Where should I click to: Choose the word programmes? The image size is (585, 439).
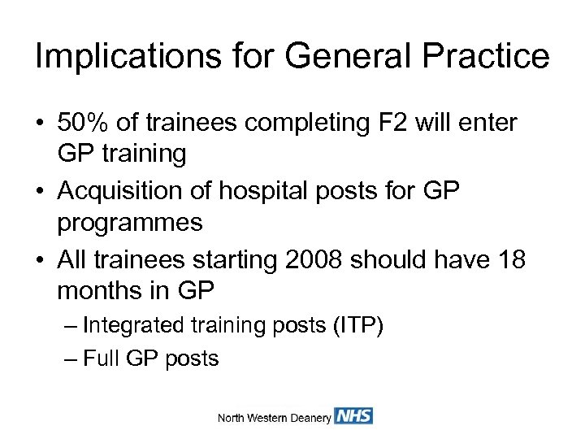pyautogui.click(x=130, y=224)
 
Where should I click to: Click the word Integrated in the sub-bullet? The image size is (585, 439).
pyautogui.click(x=134, y=326)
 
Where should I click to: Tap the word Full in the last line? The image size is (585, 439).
pyautogui.click(x=101, y=359)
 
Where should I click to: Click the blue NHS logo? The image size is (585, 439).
pyautogui.click(x=353, y=416)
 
